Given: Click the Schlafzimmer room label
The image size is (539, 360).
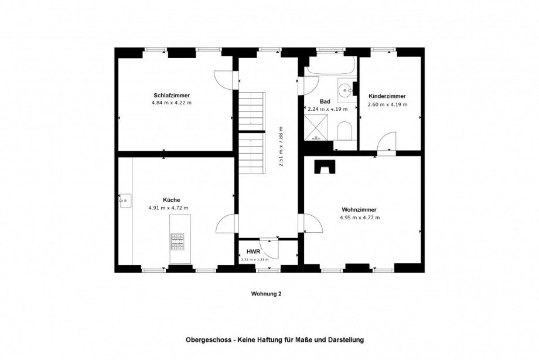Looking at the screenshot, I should [171, 95].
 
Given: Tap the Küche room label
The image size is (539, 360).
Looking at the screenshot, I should [171, 199].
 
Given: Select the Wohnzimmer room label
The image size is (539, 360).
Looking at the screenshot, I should [359, 209].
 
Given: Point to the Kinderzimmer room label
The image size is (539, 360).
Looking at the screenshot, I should [387, 96].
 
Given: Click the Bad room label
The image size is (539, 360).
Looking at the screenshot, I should [325, 101].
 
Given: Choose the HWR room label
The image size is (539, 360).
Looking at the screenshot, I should [253, 251].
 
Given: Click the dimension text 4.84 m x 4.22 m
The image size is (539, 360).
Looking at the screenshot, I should [171, 103].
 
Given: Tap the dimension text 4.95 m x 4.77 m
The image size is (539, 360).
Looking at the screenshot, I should [359, 218].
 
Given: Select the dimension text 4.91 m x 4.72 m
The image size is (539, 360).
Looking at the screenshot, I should [171, 208].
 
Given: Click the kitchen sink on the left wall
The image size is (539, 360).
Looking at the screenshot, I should [124, 201].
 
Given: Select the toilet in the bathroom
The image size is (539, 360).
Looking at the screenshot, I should [344, 131].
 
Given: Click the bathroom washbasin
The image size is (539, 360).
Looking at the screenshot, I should [344, 90].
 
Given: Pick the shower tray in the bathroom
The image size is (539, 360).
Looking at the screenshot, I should [316, 128].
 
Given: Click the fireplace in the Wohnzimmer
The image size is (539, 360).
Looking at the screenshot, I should [323, 167].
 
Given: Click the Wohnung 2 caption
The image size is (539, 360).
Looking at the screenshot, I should [266, 294].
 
